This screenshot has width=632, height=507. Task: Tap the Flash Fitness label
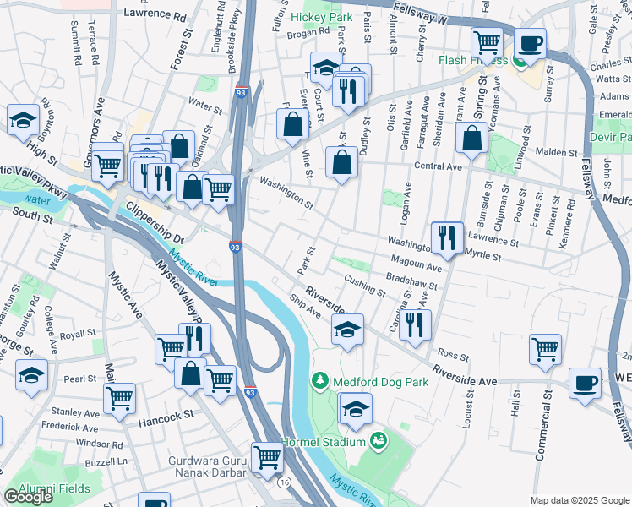pos(472,60)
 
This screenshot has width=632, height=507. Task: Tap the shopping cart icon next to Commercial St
pos(545,347)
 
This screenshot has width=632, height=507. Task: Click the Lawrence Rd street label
pos(155,14)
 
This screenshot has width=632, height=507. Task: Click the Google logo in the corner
pos(28,497)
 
